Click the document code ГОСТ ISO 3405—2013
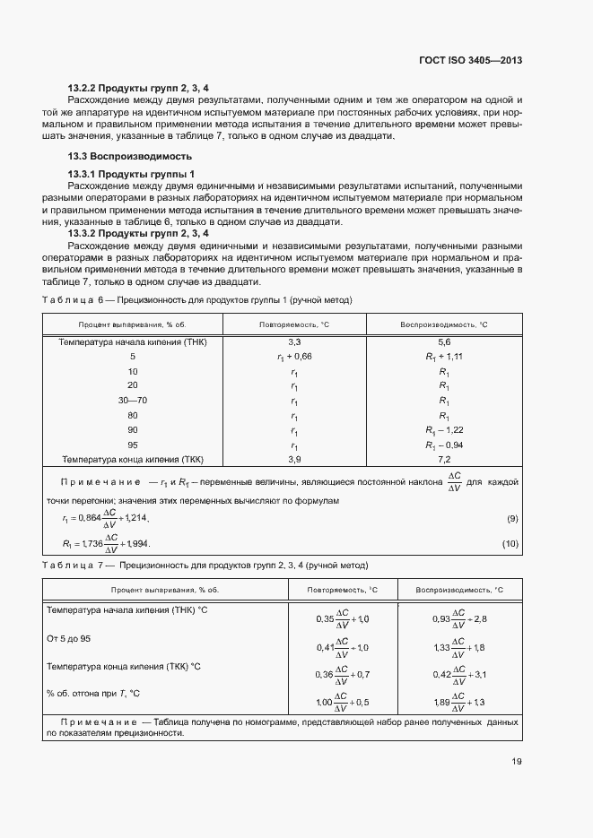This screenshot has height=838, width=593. [x=470, y=60]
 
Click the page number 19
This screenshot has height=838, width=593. [x=516, y=762]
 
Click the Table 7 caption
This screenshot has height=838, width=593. [x=205, y=565]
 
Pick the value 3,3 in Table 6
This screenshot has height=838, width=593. [x=294, y=342]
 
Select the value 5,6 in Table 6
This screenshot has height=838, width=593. [x=443, y=342]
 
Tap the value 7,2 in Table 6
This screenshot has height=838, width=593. [x=443, y=459]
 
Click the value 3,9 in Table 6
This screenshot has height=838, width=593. [x=294, y=459]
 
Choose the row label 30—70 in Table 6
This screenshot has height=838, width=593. [x=133, y=401]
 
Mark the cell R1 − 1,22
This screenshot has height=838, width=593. [x=443, y=430]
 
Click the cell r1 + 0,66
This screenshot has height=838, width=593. [x=294, y=357]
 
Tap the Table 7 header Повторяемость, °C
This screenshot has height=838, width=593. [x=343, y=591]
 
